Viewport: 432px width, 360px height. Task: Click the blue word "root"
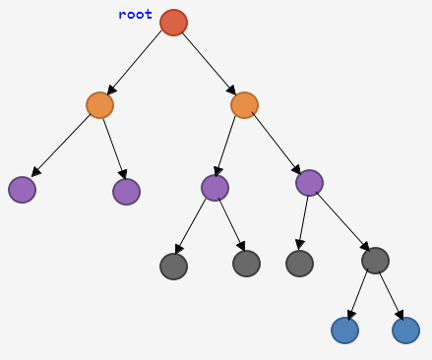tap(135, 15)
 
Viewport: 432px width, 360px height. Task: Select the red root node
tap(173, 23)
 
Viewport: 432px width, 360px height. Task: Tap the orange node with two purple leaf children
tap(99, 105)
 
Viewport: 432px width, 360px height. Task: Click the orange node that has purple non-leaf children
tap(244, 105)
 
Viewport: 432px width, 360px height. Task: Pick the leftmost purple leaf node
tap(22, 190)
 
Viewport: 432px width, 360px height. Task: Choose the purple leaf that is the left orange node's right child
tap(126, 192)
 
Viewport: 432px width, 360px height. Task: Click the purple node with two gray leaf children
tap(215, 188)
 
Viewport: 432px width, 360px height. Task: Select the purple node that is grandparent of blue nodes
tap(309, 183)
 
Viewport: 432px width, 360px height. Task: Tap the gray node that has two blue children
tap(375, 260)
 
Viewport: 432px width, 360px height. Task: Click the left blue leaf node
tap(344, 330)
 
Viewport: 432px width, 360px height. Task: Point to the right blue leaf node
tap(405, 330)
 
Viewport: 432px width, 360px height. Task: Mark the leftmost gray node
tap(173, 267)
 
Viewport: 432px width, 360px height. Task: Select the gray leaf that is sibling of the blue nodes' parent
tap(299, 264)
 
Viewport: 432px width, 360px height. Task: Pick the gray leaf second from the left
tap(246, 264)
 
